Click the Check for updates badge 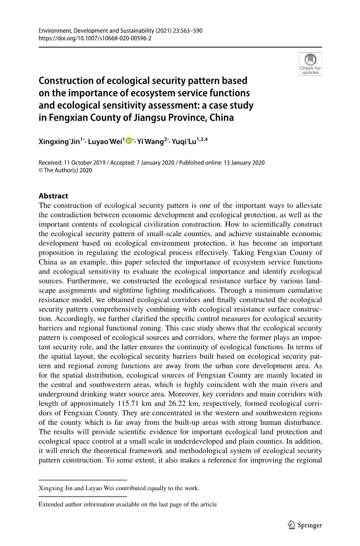click(x=310, y=64)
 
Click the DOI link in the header click(x=95, y=38)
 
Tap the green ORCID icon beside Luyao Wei click(x=129, y=141)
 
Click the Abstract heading click(x=53, y=196)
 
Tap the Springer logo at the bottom click(x=305, y=525)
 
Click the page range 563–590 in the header click(x=190, y=31)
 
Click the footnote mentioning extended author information click(x=128, y=504)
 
